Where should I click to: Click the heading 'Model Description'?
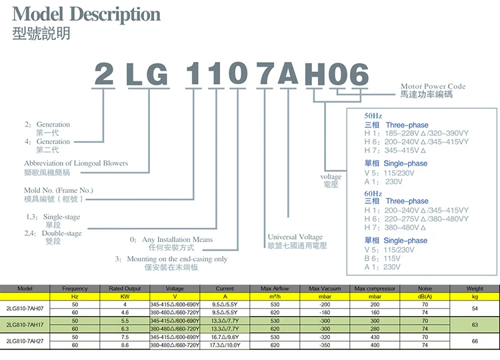click(87, 15)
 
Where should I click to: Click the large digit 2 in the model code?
click(104, 74)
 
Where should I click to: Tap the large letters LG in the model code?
click(147, 74)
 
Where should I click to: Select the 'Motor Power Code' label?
click(433, 87)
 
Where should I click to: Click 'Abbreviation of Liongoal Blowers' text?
click(76, 163)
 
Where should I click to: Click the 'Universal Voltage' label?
click(295, 237)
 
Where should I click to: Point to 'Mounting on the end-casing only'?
click(171, 259)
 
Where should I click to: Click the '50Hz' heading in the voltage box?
click(373, 115)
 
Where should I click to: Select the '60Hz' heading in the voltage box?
click(373, 193)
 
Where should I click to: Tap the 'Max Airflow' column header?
click(275, 288)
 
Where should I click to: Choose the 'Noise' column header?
click(425, 288)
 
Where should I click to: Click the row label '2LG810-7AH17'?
click(25, 325)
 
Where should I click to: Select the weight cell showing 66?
click(475, 341)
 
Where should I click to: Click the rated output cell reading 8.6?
click(125, 345)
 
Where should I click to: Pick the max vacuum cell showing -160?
click(325, 312)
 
